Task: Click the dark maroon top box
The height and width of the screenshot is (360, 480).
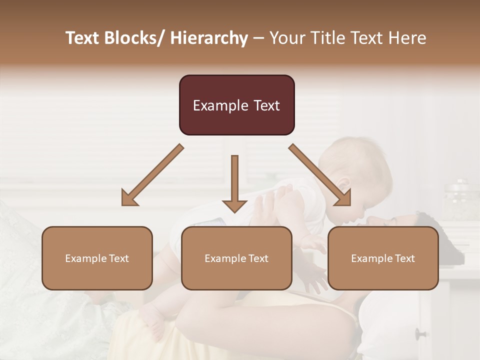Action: point(236,105)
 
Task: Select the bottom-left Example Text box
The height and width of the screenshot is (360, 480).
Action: point(97,258)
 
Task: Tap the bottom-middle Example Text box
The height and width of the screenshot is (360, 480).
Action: point(236,258)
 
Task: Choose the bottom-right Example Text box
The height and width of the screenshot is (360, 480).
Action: point(383,258)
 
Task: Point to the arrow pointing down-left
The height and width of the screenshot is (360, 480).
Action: point(152,175)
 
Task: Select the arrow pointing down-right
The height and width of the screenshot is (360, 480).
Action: point(319,175)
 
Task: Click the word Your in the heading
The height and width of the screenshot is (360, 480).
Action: point(287,38)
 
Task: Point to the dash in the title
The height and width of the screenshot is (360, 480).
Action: point(258,38)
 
